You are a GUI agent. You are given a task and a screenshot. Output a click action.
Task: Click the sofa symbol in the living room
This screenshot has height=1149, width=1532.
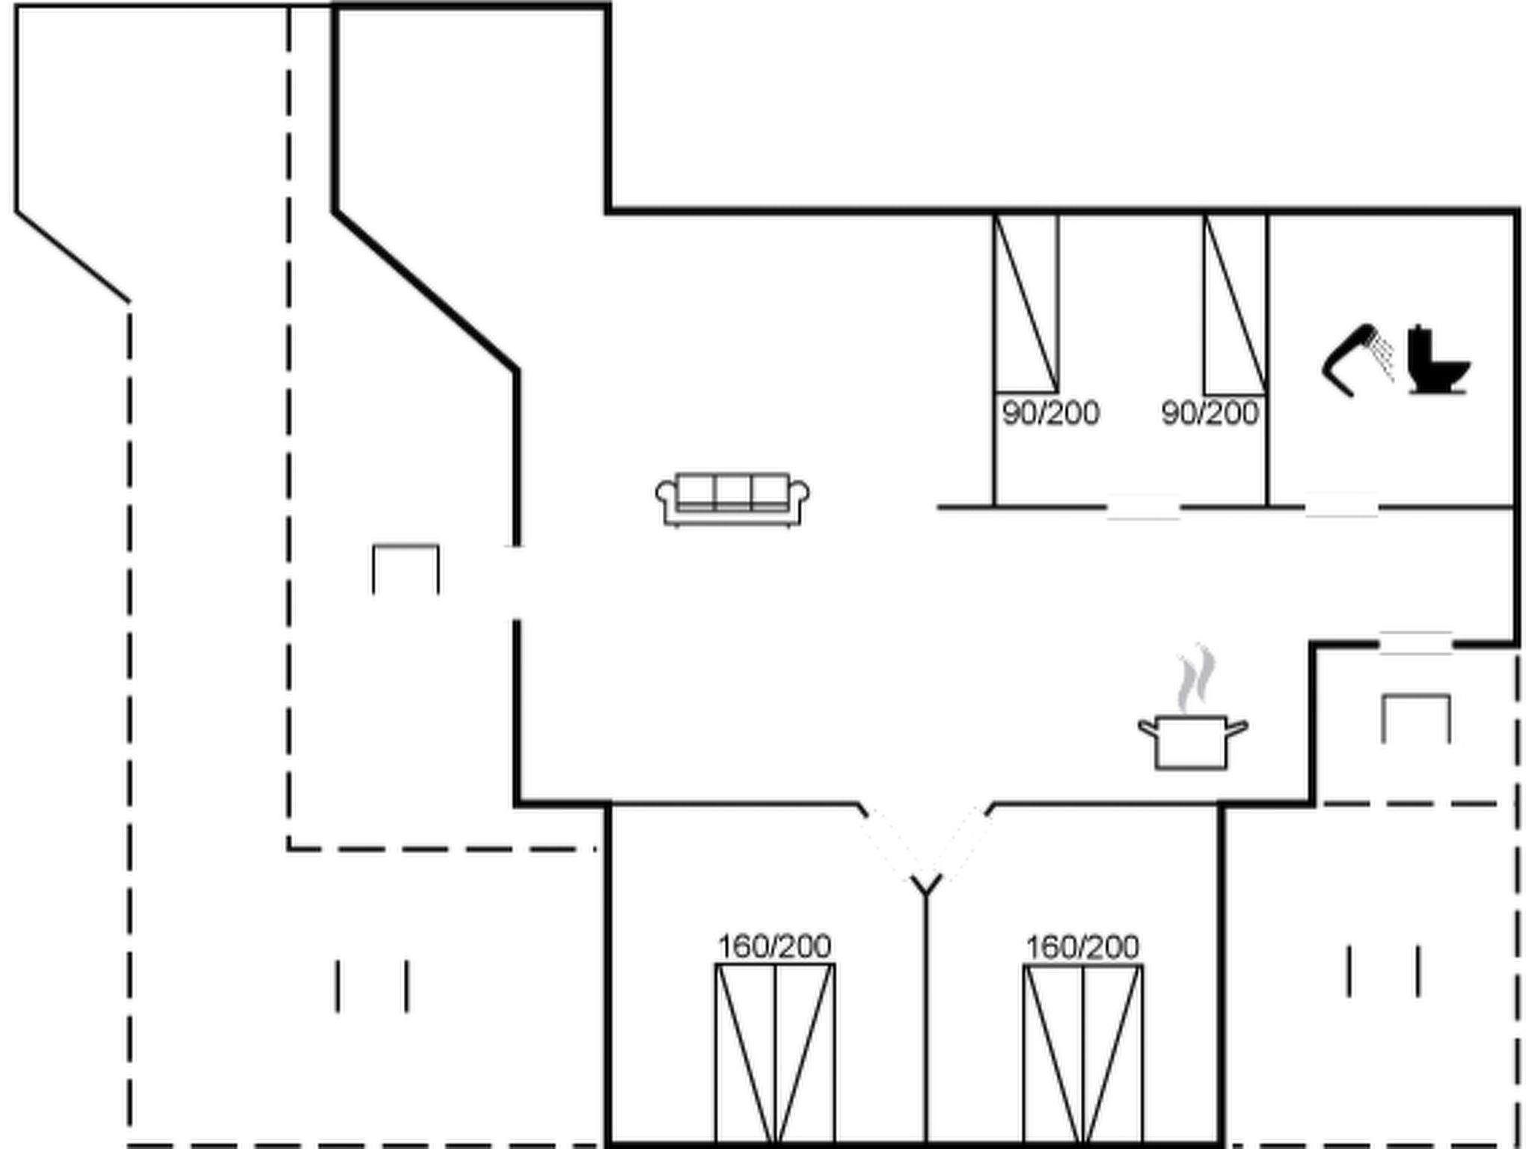(732, 500)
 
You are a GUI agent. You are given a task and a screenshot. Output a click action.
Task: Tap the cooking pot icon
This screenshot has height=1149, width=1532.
(1192, 742)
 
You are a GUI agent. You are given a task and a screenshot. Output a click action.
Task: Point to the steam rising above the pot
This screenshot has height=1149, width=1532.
(1196, 677)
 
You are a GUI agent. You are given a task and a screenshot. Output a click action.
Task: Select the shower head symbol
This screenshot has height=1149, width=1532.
(1357, 360)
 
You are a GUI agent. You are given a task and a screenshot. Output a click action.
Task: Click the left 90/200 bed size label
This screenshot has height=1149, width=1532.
(1050, 413)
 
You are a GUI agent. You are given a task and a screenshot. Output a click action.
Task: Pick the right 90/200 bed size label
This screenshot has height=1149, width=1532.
(1210, 413)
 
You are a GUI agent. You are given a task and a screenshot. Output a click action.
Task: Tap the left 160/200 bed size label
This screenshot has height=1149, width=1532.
(774, 947)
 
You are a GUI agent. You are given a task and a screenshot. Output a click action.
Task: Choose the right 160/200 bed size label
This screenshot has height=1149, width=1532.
(1082, 948)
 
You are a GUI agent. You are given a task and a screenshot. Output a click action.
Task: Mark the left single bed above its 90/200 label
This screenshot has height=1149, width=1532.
(1026, 303)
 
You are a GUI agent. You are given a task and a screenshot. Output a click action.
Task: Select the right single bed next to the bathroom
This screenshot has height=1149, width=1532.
(1235, 303)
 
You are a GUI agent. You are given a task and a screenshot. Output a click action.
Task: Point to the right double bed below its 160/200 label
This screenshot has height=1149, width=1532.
(1083, 1054)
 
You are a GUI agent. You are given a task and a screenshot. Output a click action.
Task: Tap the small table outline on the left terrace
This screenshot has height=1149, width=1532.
(406, 546)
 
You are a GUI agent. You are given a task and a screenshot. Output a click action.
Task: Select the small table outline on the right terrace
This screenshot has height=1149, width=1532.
(1416, 697)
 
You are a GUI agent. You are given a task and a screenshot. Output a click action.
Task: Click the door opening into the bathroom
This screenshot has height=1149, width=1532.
(1341, 506)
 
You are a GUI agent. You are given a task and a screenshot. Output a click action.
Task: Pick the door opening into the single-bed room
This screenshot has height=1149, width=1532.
(1143, 507)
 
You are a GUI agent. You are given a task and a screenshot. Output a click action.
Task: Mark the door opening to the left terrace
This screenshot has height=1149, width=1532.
(516, 583)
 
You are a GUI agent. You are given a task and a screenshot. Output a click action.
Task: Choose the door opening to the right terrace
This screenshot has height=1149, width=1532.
(1416, 643)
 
